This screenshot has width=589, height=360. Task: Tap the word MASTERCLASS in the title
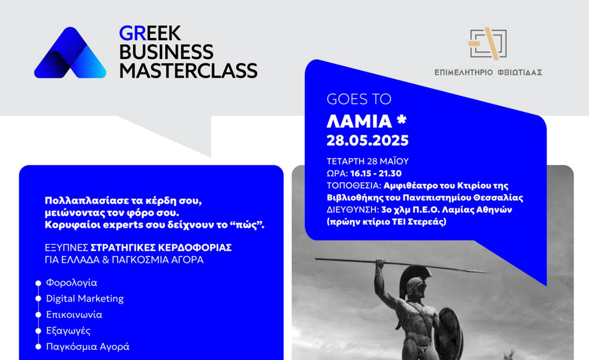189,71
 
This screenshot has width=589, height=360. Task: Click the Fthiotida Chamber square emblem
488,44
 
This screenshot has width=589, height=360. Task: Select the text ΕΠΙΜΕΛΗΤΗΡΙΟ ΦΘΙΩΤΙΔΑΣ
488,72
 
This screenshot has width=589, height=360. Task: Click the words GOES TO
359,99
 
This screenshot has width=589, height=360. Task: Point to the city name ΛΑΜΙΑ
359,121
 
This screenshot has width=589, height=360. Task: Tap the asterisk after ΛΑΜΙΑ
402,119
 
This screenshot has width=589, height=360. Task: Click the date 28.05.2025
368,140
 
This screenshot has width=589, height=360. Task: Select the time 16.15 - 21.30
376,173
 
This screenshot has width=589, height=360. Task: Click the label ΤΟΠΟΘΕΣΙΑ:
354,186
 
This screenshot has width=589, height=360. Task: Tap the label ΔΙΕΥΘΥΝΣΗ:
353,210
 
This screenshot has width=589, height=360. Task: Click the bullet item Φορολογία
72,283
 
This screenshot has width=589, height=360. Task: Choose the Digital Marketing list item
85,299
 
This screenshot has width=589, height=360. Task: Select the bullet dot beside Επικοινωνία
38,315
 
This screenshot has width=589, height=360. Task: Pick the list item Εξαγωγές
68,331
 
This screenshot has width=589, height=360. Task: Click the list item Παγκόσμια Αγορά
88,347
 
